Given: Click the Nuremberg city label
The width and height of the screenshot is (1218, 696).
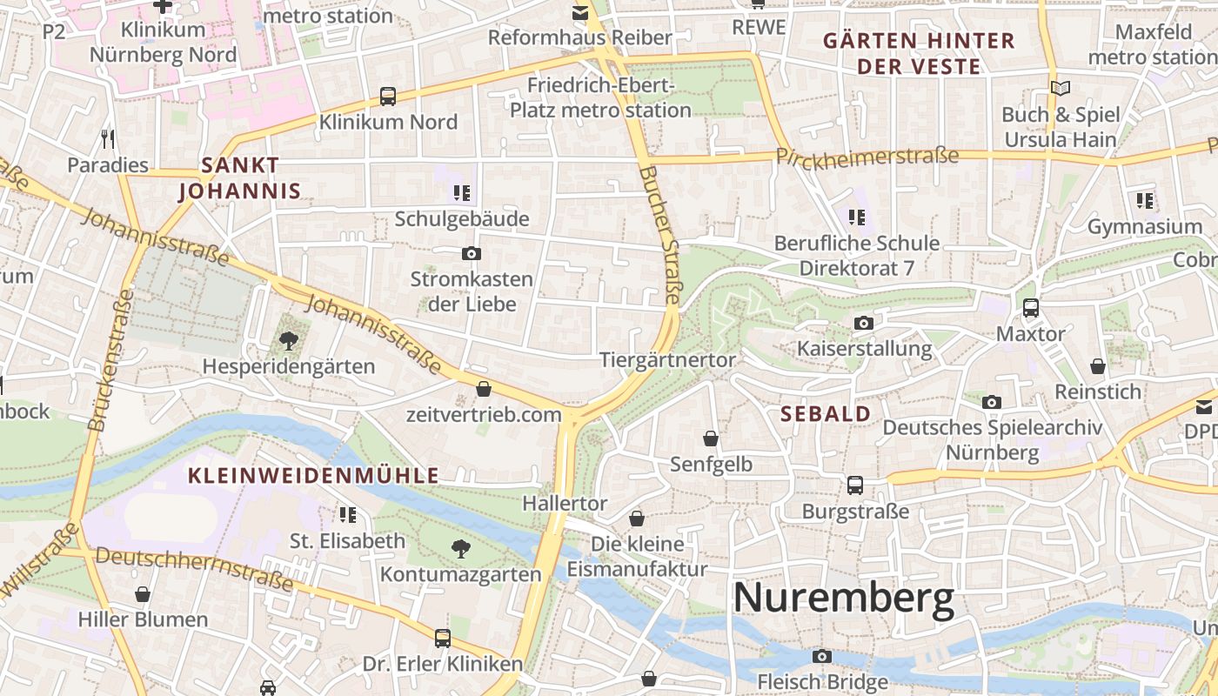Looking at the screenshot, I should click(x=843, y=599).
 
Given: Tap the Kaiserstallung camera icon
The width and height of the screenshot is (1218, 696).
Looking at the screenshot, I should click(x=863, y=324).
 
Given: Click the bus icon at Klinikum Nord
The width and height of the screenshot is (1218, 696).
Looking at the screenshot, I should click(x=388, y=97).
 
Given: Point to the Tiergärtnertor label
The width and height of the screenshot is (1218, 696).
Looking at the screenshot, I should click(x=667, y=360).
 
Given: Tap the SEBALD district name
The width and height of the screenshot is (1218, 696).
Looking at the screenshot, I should click(x=826, y=414).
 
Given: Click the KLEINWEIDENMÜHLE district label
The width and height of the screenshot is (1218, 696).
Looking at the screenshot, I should click(x=313, y=476).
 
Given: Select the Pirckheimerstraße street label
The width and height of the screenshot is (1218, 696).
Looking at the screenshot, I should click(x=867, y=157).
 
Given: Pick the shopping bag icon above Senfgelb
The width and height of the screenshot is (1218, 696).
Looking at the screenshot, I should click(x=711, y=438).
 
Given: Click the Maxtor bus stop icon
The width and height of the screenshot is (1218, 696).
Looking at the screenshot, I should click(x=1030, y=307).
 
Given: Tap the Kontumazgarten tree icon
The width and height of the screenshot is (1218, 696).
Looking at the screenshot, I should click(x=460, y=548).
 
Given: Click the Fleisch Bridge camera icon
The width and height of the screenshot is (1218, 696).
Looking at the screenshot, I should click(x=821, y=656).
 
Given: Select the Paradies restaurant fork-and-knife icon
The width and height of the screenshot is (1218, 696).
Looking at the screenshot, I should click(x=108, y=138).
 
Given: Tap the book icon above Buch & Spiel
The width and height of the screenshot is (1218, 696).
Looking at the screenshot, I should click(x=1060, y=88).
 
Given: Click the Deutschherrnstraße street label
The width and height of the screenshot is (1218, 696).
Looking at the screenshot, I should click(x=194, y=569).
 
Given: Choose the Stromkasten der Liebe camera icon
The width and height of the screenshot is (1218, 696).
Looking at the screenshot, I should click(x=471, y=254).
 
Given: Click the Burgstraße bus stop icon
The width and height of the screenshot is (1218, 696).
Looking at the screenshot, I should click(x=855, y=485).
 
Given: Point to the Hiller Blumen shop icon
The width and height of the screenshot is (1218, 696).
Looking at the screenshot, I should click(x=143, y=594).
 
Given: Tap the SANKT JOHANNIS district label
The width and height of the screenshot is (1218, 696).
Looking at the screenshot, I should click(x=238, y=177).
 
